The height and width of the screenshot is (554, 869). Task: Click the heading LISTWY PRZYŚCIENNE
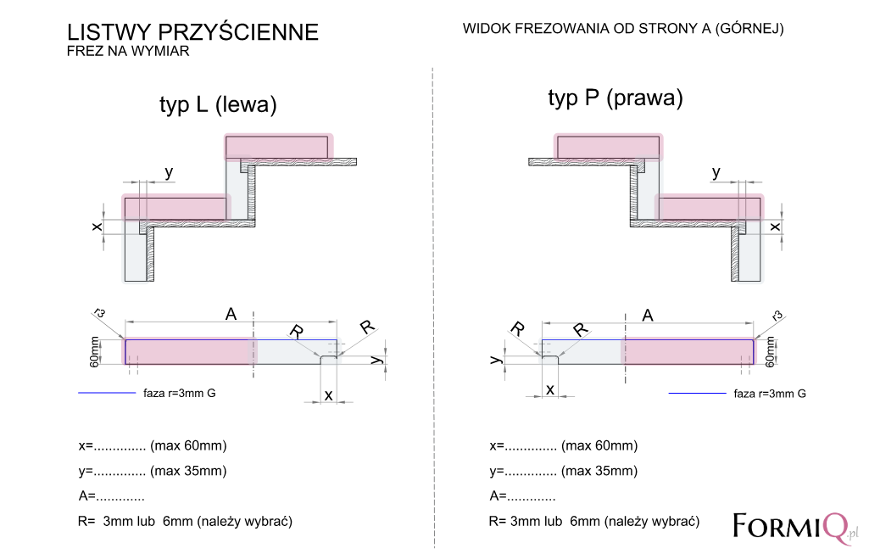(192, 32)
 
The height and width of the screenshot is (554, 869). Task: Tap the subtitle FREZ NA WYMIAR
(128, 51)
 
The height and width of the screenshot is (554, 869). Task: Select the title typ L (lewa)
(218, 105)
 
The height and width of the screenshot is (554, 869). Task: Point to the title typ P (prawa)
(616, 98)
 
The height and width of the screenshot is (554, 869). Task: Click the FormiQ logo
(795, 527)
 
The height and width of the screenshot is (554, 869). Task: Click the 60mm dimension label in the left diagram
(95, 352)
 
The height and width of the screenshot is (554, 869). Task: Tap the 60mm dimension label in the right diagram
(770, 352)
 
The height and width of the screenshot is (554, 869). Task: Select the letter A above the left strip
(231, 315)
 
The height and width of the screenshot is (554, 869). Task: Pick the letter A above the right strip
(648, 316)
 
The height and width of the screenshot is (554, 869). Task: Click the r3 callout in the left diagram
(99, 313)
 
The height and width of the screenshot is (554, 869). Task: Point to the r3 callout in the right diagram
(777, 316)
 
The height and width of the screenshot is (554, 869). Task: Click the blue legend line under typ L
(107, 393)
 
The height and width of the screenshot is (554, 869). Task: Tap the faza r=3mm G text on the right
(770, 394)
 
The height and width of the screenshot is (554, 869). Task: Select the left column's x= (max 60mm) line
(153, 446)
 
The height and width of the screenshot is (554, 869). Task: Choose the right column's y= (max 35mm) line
(564, 472)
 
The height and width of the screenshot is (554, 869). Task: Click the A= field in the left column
(111, 495)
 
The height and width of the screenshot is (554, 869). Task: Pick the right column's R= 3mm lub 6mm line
(594, 522)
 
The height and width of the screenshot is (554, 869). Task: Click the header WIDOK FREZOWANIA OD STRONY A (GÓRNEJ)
(623, 29)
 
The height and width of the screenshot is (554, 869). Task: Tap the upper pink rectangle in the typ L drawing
(279, 148)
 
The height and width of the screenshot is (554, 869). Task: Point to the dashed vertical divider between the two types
(433, 308)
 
